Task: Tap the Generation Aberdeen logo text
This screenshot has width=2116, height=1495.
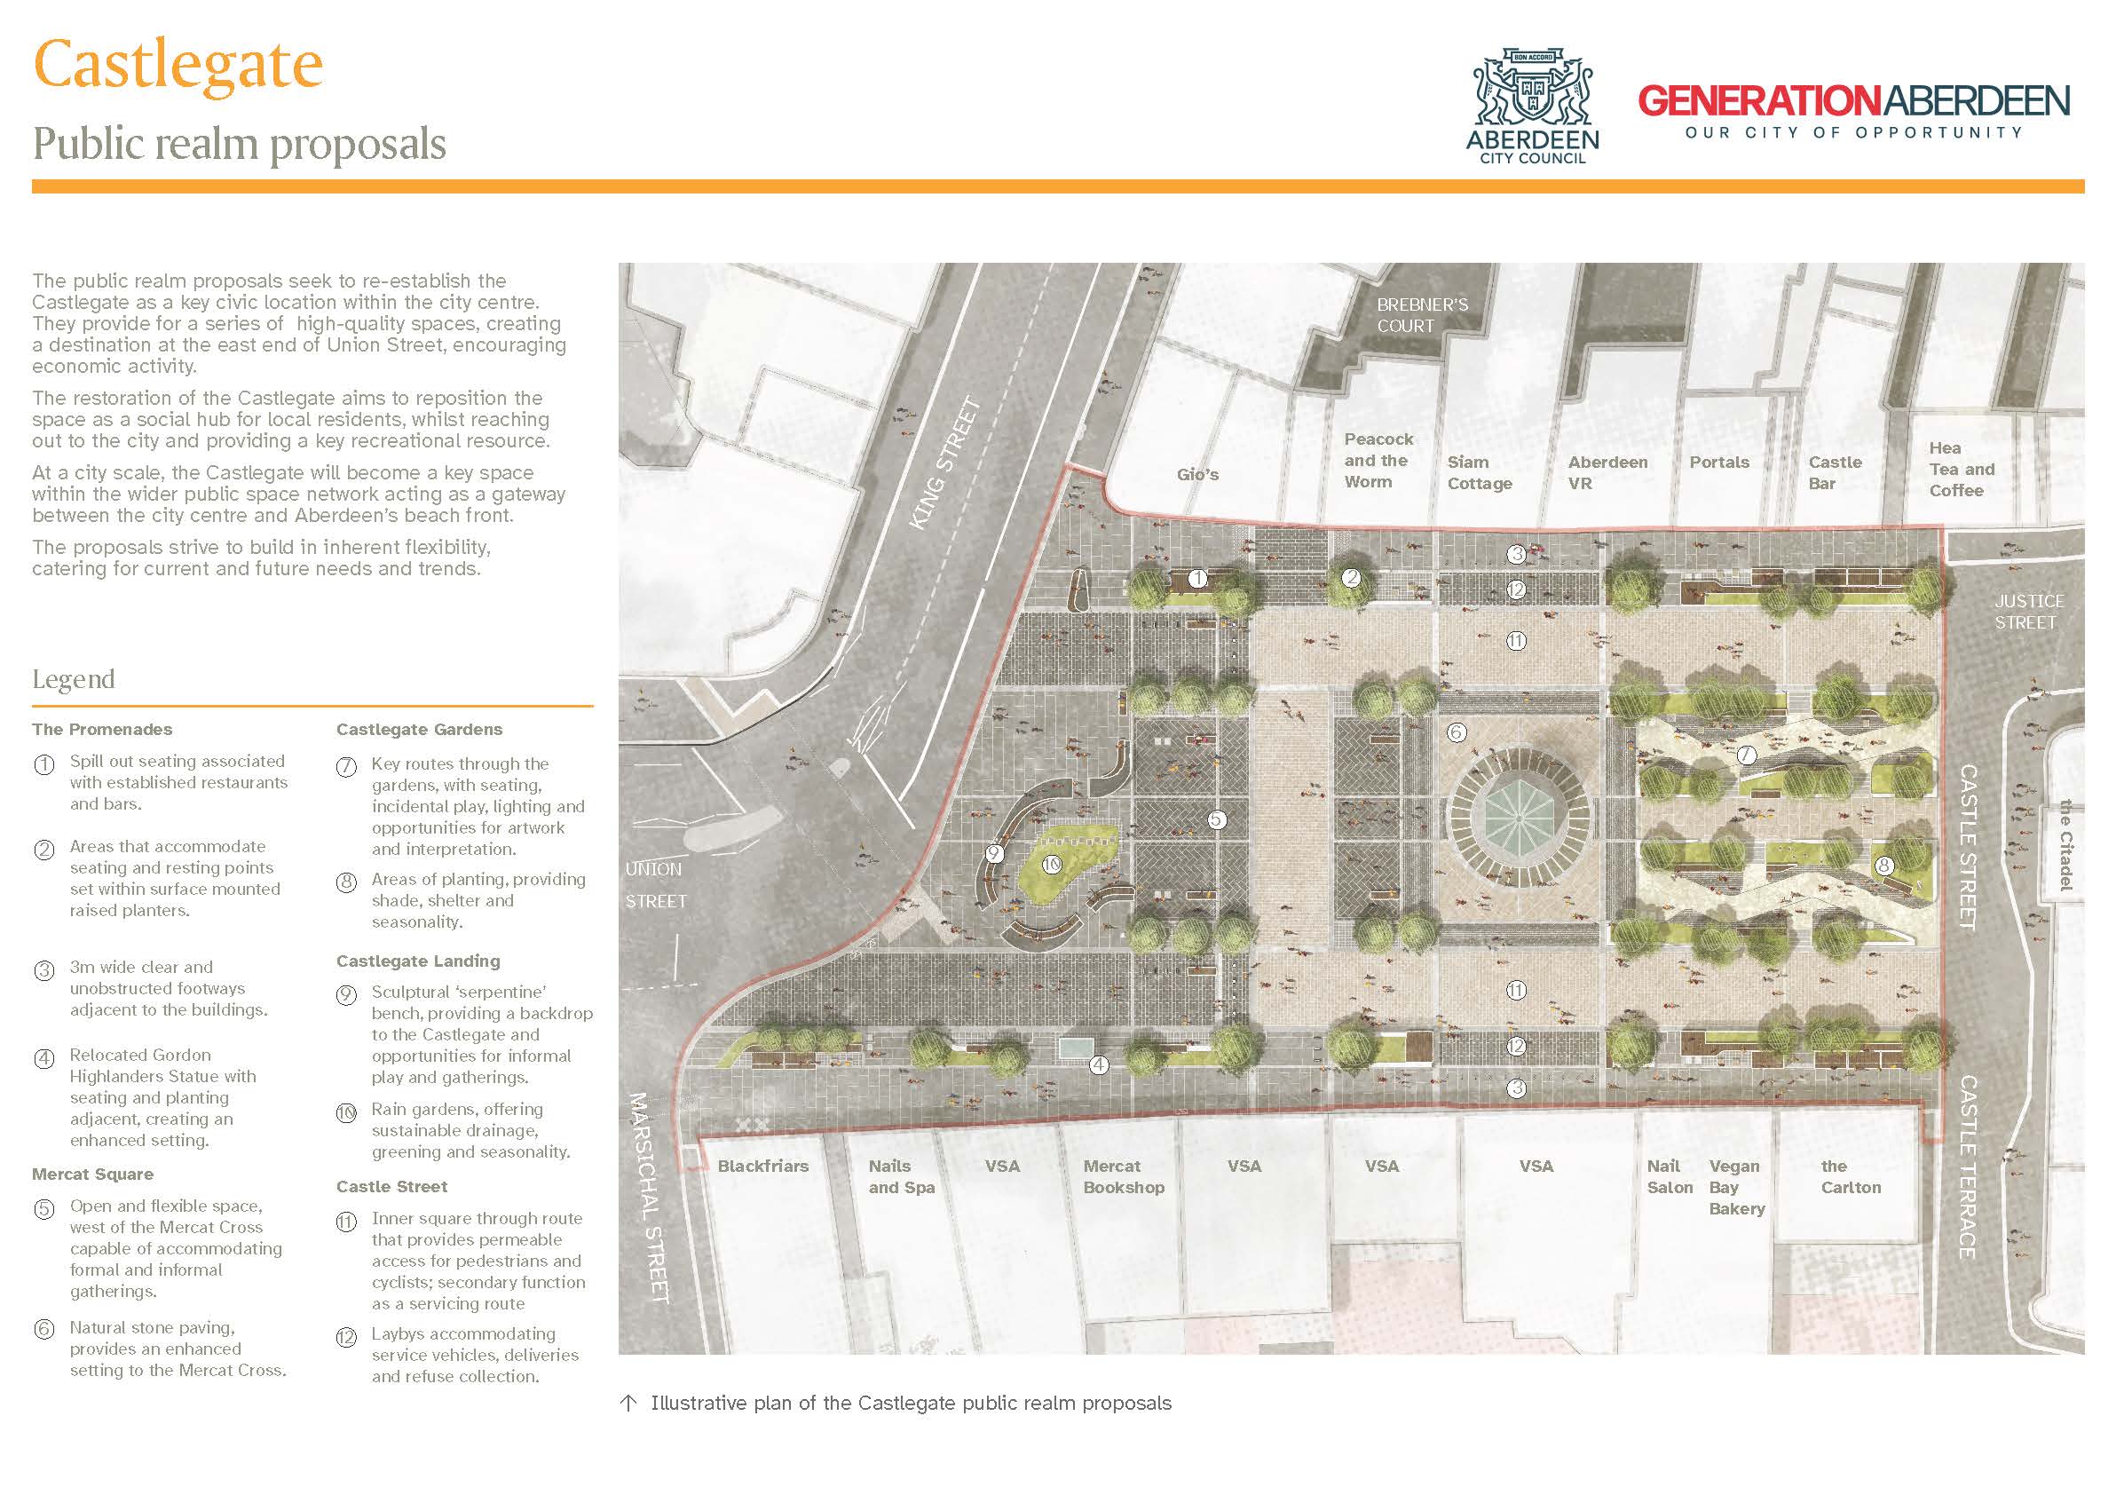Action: click(1853, 102)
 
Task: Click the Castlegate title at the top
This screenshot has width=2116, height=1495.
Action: click(178, 65)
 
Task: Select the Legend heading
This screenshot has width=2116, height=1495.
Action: click(74, 680)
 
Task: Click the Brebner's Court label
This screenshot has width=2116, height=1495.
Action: click(1422, 315)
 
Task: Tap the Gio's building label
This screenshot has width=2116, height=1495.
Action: click(1197, 475)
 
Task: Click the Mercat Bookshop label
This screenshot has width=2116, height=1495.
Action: click(1124, 1177)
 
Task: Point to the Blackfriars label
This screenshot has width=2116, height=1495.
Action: click(763, 1166)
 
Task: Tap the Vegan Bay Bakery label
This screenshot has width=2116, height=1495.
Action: click(1736, 1187)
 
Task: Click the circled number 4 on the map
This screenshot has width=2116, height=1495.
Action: click(1099, 1064)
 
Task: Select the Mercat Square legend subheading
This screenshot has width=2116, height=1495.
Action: click(93, 1175)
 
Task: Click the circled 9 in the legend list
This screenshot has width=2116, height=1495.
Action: click(345, 995)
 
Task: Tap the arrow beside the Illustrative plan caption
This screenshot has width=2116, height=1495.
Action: click(628, 1404)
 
